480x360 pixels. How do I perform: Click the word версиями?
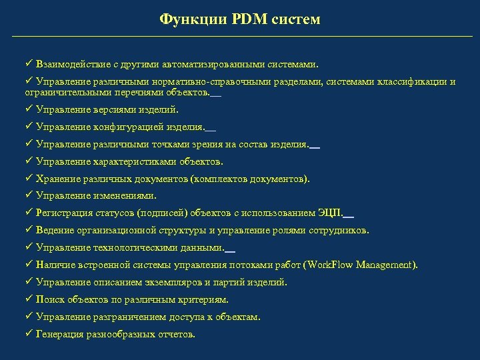105,109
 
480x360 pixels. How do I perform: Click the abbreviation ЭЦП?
329,213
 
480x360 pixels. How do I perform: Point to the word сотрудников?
336,231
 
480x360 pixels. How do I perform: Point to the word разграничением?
125,317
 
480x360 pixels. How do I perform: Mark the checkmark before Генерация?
29,334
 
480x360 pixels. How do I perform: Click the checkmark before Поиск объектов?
29,299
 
